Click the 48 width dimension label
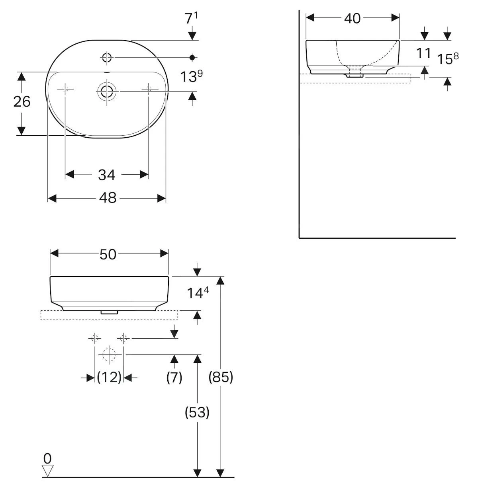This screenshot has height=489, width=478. pyautogui.click(x=108, y=198)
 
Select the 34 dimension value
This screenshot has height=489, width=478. pyautogui.click(x=107, y=175)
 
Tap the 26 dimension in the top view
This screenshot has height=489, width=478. pyautogui.click(x=22, y=102)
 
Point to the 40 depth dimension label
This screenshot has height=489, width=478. pyautogui.click(x=352, y=18)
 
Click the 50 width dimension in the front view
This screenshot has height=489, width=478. pyautogui.click(x=108, y=254)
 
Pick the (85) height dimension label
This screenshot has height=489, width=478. pyautogui.click(x=221, y=377)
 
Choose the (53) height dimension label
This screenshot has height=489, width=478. pyautogui.click(x=197, y=412)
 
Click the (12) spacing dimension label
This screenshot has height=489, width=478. pyautogui.click(x=109, y=377)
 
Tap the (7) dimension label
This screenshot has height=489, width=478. pyautogui.click(x=174, y=378)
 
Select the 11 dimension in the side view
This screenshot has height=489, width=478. pyautogui.click(x=424, y=53)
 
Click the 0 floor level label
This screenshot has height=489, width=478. pyautogui.click(x=47, y=459)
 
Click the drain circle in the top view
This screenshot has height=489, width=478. pyautogui.click(x=107, y=92)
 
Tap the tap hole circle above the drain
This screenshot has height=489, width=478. pyautogui.click(x=107, y=58)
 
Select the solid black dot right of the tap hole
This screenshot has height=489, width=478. pyautogui.click(x=192, y=58)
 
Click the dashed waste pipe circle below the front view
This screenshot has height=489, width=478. pyautogui.click(x=109, y=355)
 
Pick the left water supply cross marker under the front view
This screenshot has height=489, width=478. pyautogui.click(x=94, y=339)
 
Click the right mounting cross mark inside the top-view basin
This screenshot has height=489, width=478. pyautogui.click(x=149, y=89)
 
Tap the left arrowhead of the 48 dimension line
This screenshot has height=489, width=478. pyautogui.click(x=52, y=199)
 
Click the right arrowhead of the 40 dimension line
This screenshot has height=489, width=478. pyautogui.click(x=395, y=18)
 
